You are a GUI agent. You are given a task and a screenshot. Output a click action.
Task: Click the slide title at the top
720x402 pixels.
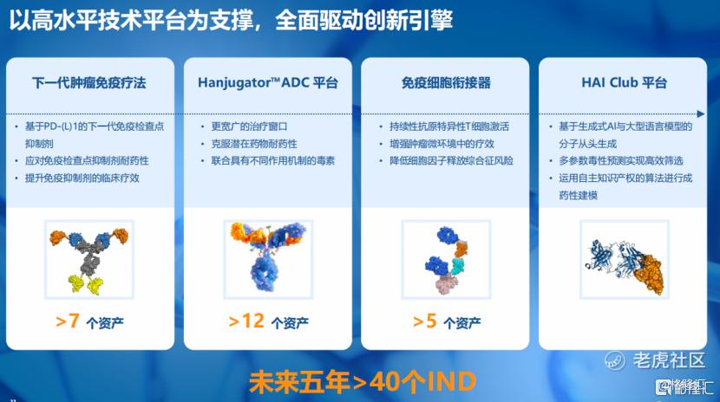(231, 20)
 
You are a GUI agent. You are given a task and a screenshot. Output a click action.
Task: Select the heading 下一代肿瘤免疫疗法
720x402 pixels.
(89, 83)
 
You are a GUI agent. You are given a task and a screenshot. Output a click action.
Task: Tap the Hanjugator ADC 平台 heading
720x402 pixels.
(268, 83)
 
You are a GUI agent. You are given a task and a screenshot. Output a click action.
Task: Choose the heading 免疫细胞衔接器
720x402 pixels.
(446, 83)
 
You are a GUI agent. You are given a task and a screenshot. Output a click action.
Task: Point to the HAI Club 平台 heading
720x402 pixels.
(624, 82)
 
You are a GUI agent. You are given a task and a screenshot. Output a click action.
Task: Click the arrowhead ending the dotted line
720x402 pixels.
(701, 113)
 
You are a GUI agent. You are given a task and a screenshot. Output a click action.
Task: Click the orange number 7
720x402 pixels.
(74, 321)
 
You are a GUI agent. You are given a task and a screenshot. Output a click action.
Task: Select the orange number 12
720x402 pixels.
(253, 321)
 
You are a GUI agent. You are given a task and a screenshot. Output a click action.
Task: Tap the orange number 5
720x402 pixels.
(431, 321)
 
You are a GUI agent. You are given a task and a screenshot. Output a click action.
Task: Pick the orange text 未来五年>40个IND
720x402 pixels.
(363, 382)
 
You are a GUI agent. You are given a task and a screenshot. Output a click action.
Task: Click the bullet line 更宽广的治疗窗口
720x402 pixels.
(249, 126)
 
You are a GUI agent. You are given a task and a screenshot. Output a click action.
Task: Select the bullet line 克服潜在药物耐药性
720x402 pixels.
(254, 144)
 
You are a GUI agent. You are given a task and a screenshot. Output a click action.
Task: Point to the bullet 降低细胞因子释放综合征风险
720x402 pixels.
(451, 161)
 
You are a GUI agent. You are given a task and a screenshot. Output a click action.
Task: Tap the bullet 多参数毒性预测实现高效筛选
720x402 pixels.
(621, 161)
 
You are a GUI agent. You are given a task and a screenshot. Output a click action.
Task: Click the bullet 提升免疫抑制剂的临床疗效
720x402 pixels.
(82, 178)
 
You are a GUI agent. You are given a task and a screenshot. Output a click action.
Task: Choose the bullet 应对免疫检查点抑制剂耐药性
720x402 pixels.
(87, 161)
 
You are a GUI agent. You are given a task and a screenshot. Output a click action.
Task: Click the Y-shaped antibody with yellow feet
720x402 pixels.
(89, 260)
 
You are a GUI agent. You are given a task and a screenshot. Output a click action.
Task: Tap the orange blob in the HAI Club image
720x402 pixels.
(648, 274)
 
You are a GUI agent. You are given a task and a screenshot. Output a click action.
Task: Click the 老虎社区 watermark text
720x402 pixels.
(669, 360)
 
